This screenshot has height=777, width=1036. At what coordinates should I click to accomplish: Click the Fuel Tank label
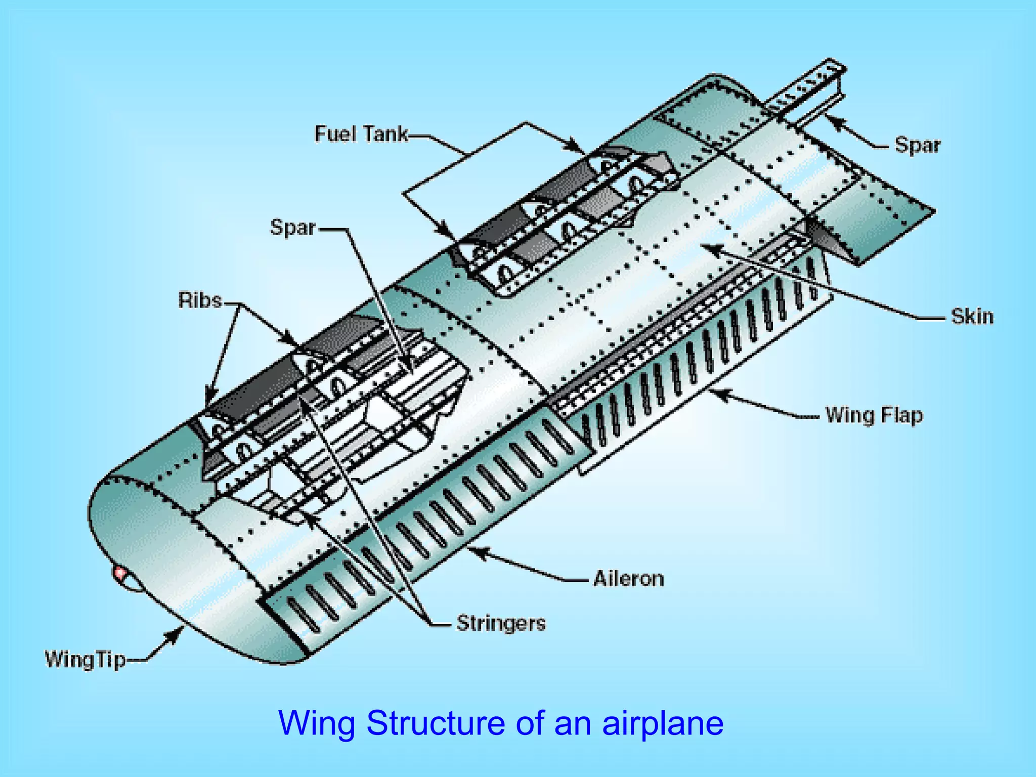pyautogui.click(x=361, y=134)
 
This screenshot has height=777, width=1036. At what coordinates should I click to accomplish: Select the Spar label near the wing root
pyautogui.click(x=917, y=145)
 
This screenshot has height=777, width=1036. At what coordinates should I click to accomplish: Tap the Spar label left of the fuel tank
pyautogui.click(x=293, y=227)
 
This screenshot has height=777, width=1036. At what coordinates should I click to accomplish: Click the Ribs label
pyautogui.click(x=200, y=300)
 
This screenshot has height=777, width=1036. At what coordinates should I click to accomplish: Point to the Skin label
pyautogui.click(x=972, y=317)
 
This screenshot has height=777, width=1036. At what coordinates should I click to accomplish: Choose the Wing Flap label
pyautogui.click(x=874, y=415)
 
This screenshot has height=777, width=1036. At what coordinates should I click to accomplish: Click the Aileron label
pyautogui.click(x=628, y=578)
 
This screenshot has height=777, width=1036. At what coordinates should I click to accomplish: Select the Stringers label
pyautogui.click(x=501, y=623)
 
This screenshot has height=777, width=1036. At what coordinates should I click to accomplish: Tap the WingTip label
pyautogui.click(x=85, y=660)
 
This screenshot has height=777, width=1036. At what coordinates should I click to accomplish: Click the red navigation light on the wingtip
pyautogui.click(x=120, y=574)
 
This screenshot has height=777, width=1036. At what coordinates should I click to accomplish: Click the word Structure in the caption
pyautogui.click(x=436, y=723)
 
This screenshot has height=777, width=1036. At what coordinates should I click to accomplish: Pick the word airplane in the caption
pyautogui.click(x=663, y=724)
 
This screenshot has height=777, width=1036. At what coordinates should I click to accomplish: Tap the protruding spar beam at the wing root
pyautogui.click(x=809, y=89)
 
